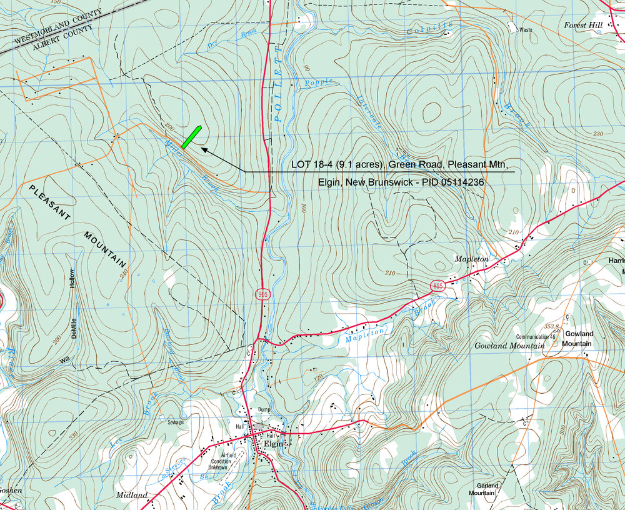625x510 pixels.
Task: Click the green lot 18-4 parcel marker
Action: click(191, 137)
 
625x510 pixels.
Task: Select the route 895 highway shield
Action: click(438, 286)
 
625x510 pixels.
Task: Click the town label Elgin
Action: click(274, 443)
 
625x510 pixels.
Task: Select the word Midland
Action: click(132, 495)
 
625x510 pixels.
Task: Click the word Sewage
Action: click(176, 422)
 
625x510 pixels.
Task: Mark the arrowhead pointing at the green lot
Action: click(204, 149)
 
